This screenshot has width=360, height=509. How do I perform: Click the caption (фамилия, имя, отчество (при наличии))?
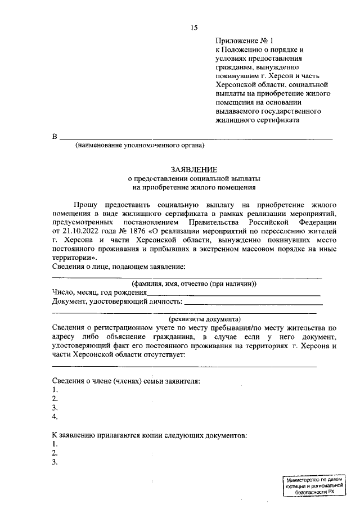(194, 284)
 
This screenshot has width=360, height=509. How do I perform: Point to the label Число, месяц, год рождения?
(100, 292)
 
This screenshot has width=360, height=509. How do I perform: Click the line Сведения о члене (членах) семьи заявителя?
(126, 381)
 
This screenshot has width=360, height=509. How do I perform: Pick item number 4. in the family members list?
(55, 417)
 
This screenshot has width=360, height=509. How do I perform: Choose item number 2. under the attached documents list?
(55, 453)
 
